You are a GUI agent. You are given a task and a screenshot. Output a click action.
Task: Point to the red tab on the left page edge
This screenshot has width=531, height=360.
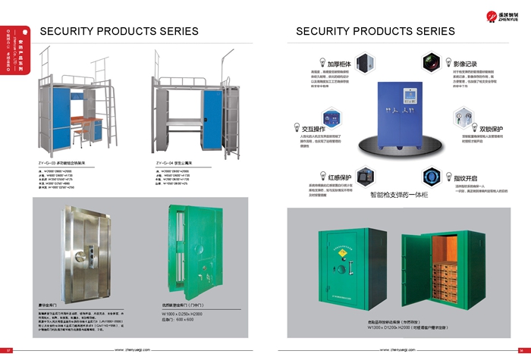point(26,33)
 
